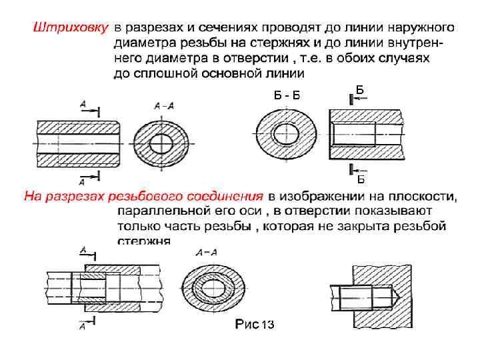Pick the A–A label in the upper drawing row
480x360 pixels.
[163, 105]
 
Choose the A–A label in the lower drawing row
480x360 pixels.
[207, 253]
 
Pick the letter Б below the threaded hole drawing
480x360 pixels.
[360, 179]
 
